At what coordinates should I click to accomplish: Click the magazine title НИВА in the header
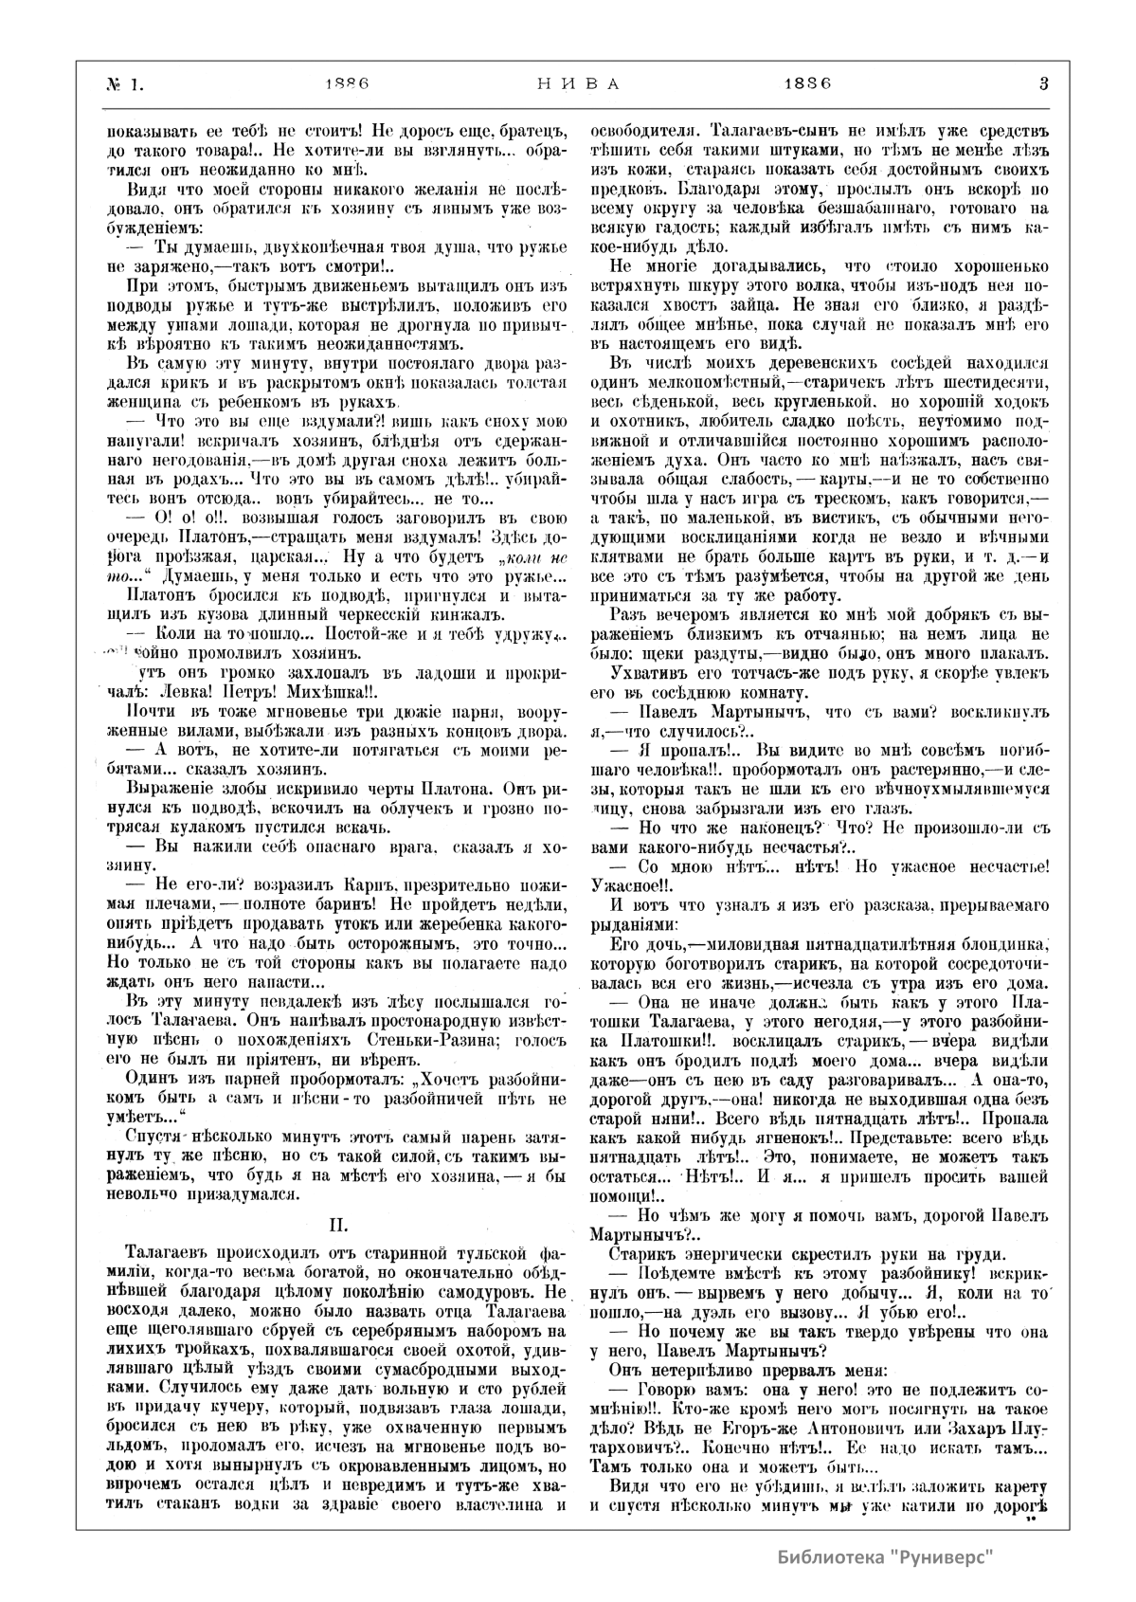(x=571, y=83)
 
